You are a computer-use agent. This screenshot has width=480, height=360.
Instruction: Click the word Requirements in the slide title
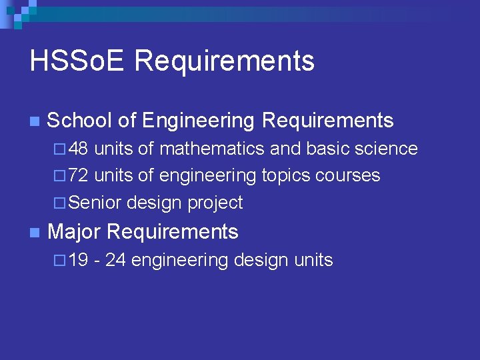[x=224, y=61]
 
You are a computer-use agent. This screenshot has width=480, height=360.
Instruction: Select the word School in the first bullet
[x=79, y=121]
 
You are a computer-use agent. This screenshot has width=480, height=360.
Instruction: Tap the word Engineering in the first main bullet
[x=199, y=121]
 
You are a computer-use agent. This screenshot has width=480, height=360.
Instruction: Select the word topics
[x=286, y=176]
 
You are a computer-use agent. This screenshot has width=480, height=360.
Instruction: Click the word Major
[x=74, y=232]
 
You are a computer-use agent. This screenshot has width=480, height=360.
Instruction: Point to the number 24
[x=115, y=260]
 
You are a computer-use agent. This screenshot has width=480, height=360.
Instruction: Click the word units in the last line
[x=313, y=260]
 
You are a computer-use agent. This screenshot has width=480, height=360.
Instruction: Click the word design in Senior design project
[x=154, y=203]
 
